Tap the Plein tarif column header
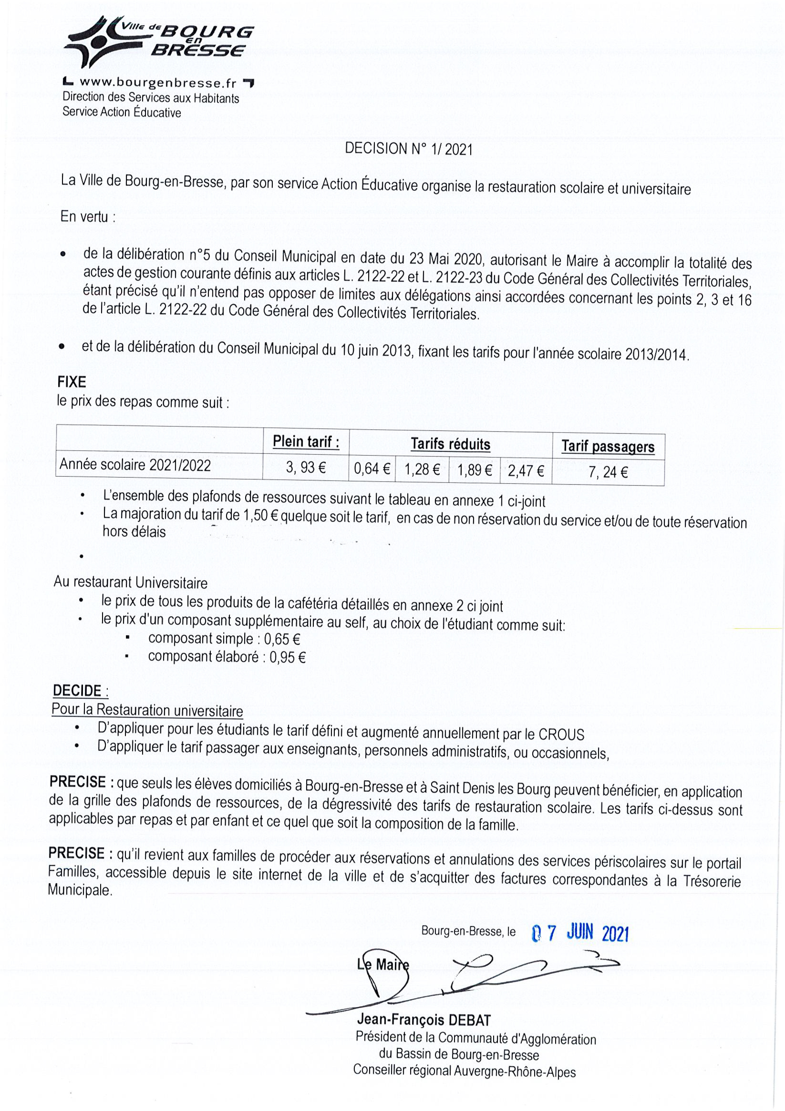click(x=306, y=441)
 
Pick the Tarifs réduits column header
click(x=450, y=444)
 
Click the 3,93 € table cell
click(x=306, y=467)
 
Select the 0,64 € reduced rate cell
click(x=372, y=468)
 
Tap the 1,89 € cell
click(x=474, y=470)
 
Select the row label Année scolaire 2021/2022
click(x=135, y=465)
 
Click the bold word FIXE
click(x=72, y=382)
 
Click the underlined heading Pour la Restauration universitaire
click(x=147, y=710)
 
